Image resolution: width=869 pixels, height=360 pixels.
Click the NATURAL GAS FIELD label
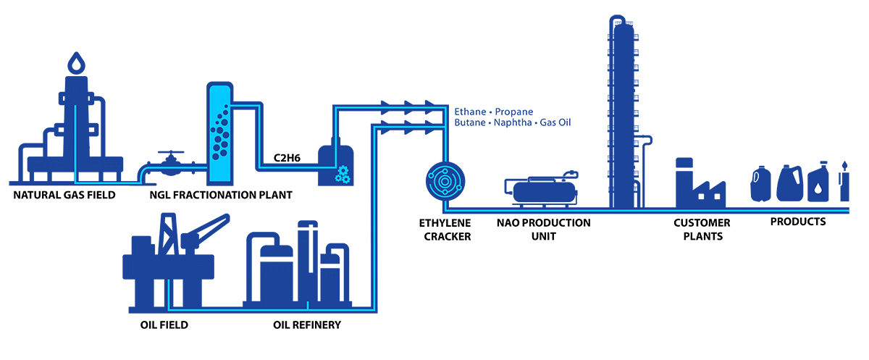(x=64, y=194)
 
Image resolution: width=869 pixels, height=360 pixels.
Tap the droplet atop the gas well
(x=75, y=63)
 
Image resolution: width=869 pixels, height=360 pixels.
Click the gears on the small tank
(x=343, y=175)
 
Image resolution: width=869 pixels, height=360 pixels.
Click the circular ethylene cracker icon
(x=442, y=178)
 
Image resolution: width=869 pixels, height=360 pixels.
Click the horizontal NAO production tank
(x=545, y=190)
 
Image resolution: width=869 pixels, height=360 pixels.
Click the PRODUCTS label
(x=798, y=222)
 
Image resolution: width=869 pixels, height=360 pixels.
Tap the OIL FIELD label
(x=164, y=325)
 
